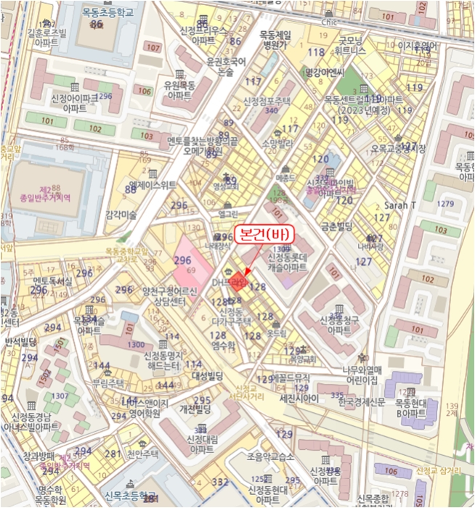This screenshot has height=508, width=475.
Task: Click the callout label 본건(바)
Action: coord(266,237)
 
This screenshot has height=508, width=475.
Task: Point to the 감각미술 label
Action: coord(121,214)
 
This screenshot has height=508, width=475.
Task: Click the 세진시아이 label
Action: coord(300,399)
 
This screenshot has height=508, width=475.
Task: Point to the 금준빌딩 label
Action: coord(337,226)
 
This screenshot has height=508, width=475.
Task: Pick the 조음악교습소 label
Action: coord(270,456)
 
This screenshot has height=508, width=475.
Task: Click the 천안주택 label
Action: coord(142,454)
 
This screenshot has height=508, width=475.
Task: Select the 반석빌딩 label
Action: coord(20,341)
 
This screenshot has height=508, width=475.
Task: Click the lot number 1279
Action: coord(446,203)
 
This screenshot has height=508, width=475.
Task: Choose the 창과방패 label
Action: coord(38,456)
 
